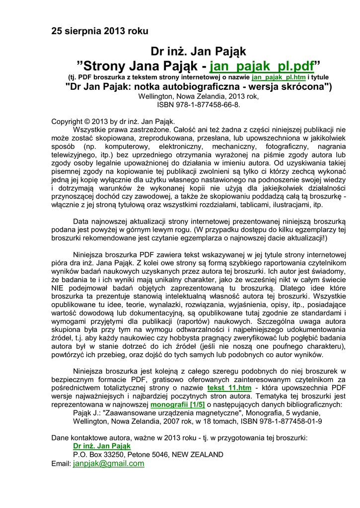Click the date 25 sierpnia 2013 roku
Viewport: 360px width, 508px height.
pos(100,31)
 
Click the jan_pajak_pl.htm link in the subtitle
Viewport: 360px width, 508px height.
pos(278,77)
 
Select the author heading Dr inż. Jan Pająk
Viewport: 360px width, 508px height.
pos(199,52)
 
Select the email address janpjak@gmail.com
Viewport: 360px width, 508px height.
pos(109,463)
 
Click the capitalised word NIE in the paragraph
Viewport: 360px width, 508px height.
pos(59,287)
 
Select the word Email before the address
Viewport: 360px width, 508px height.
pos(61,463)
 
